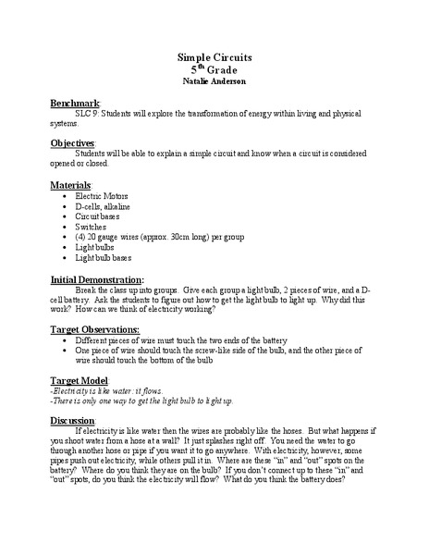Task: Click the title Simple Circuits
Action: tap(214, 57)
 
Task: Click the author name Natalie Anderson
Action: tap(214, 83)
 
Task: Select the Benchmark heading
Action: tap(80, 105)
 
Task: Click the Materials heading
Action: tap(75, 185)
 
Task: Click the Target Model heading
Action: tap(83, 380)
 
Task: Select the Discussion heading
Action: tap(79, 420)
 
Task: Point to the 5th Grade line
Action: tap(214, 70)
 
